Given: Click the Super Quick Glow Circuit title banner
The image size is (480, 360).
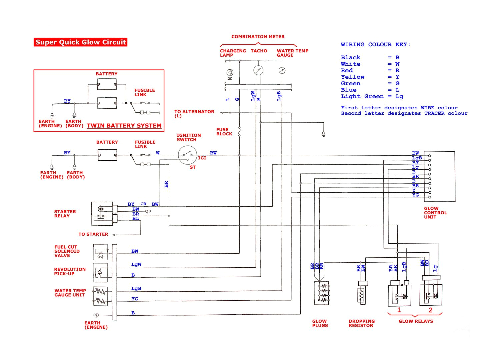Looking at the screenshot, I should click(x=80, y=42).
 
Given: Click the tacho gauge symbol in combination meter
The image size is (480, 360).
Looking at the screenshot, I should click(x=258, y=70).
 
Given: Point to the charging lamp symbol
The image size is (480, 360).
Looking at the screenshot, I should click(x=230, y=72).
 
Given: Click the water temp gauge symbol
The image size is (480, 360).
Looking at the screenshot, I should click(x=282, y=70).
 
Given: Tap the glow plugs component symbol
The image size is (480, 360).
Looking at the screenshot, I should click(x=322, y=293).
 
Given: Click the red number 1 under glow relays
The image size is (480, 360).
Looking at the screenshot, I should click(x=399, y=310).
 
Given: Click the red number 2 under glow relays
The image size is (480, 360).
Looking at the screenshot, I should click(x=430, y=310).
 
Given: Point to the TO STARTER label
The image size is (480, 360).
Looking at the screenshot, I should click(x=93, y=234).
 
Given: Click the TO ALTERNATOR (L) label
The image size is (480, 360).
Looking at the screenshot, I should click(x=194, y=114).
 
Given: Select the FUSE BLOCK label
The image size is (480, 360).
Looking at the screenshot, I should click(x=224, y=132).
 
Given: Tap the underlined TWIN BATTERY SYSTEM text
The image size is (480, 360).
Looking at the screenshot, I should click(x=124, y=126).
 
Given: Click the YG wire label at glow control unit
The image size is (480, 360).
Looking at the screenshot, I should click(x=415, y=195).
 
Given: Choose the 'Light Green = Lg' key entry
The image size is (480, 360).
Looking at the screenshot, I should click(x=372, y=96).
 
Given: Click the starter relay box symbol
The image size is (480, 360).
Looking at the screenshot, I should click(x=102, y=213).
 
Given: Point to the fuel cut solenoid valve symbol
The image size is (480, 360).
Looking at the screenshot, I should click(x=100, y=252).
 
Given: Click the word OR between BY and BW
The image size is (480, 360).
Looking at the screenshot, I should click(x=143, y=204).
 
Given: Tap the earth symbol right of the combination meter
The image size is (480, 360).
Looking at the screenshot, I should click(x=323, y=134).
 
